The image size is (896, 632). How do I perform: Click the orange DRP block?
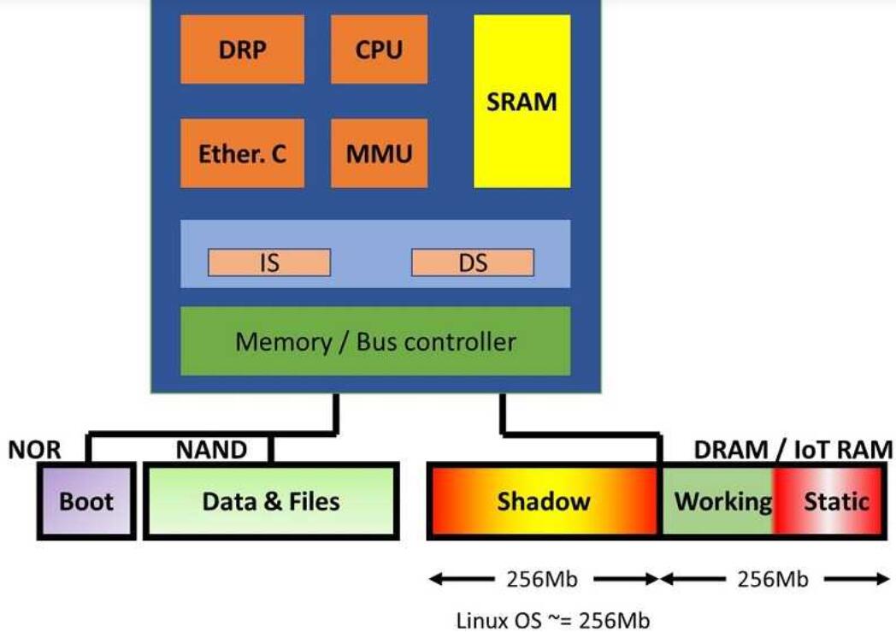[242, 49]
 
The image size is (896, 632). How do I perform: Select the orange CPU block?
[379, 49]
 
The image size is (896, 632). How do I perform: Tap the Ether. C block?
[242, 153]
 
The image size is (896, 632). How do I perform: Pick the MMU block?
[379, 153]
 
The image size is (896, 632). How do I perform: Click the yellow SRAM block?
[522, 101]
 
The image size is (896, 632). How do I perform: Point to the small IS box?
[269, 263]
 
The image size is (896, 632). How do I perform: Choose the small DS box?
[473, 263]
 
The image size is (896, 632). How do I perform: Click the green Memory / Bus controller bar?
[375, 341]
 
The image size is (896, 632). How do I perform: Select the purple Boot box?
[86, 501]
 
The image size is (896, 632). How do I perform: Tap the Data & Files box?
[271, 501]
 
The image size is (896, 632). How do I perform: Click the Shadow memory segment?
[544, 501]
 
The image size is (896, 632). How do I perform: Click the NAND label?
[211, 450]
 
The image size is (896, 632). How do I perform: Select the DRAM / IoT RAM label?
[793, 450]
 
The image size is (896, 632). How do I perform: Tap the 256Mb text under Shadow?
[544, 580]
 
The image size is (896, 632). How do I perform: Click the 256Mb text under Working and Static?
[774, 580]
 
